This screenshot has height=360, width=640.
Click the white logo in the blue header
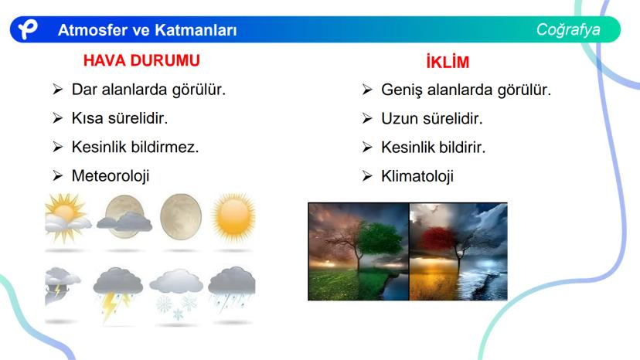point(28,29)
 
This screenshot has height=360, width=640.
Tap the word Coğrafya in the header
point(568,30)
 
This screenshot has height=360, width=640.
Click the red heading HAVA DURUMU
point(141,60)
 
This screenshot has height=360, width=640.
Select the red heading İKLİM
point(448,62)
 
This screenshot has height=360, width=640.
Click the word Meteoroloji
point(111,176)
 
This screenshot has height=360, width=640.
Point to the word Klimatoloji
point(417,176)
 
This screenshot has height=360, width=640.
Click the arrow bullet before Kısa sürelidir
point(57,118)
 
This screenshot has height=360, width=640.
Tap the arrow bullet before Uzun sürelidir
point(367,118)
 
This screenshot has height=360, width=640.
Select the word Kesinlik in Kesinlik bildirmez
point(99,147)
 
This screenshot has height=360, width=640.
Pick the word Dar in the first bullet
point(84,90)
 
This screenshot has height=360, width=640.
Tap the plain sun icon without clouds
point(233,216)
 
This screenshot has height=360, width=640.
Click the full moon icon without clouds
point(181,216)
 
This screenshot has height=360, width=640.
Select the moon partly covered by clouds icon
point(124,217)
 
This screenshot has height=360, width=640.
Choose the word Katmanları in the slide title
point(196,30)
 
